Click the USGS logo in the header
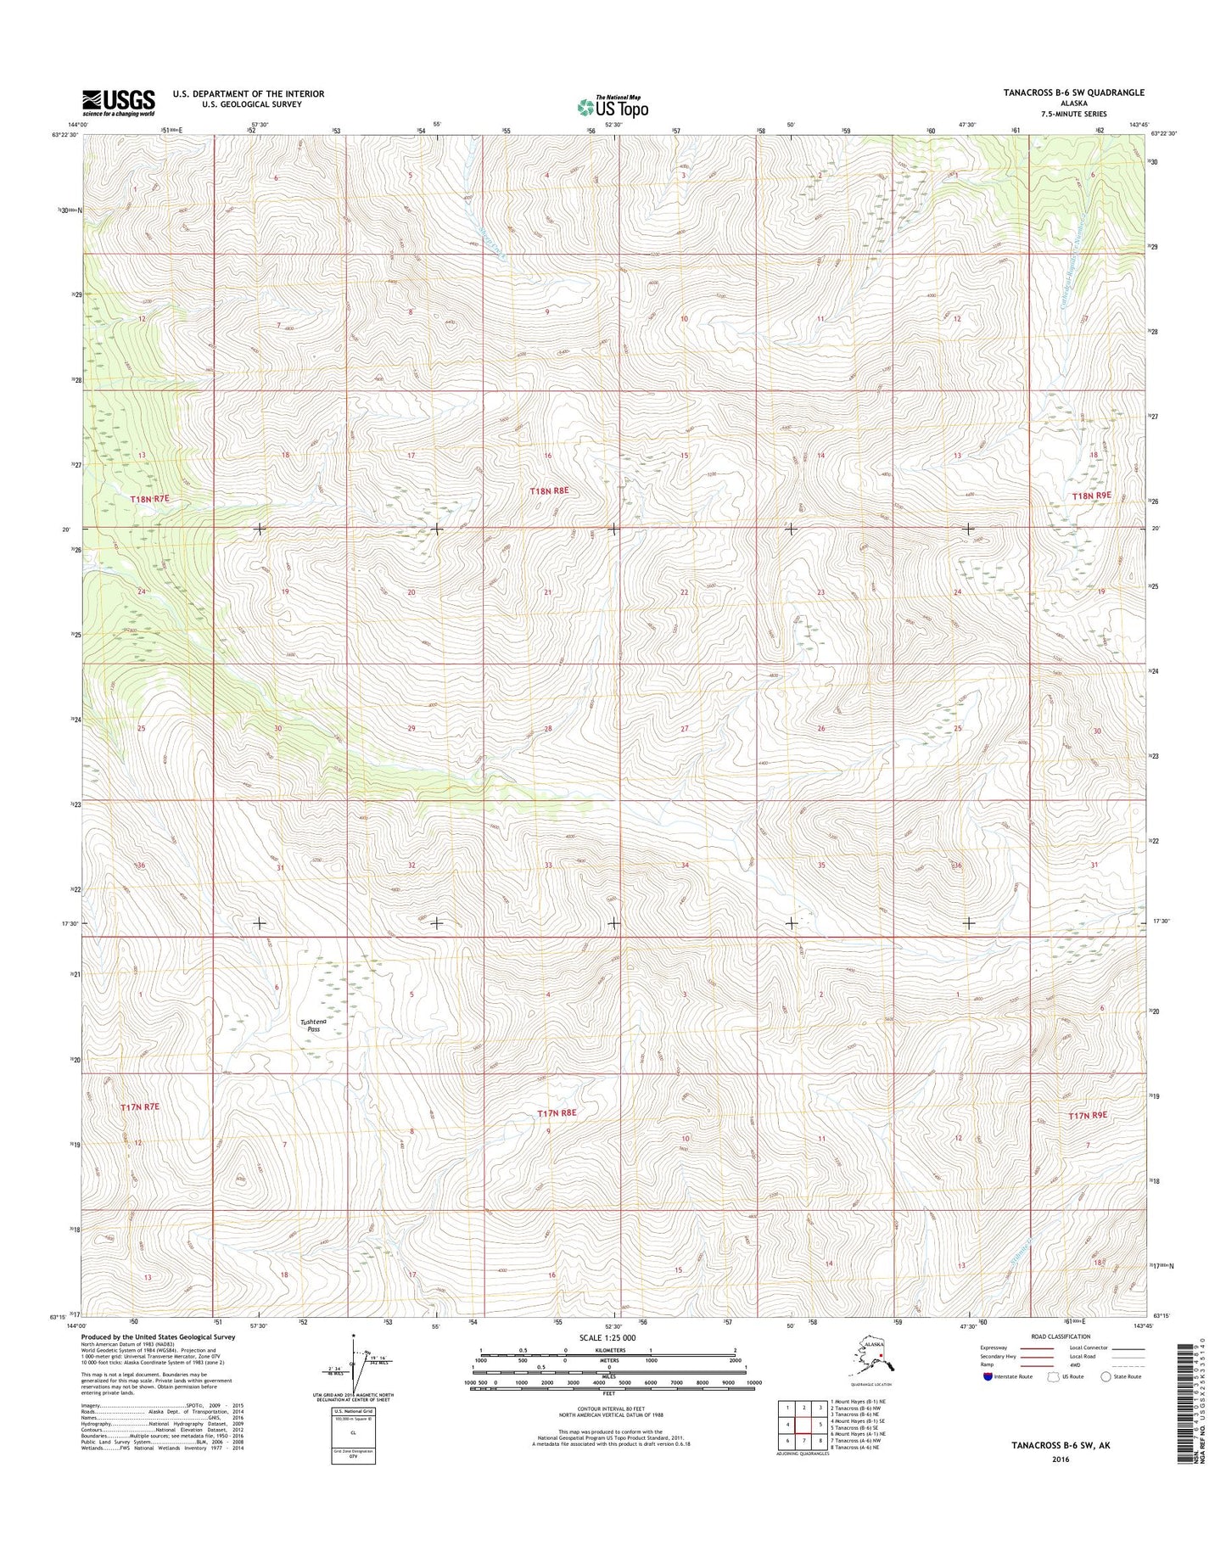click(x=118, y=102)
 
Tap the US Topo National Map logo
click(x=613, y=106)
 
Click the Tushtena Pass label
click(x=314, y=1026)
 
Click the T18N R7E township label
click(x=150, y=500)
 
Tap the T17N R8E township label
click(x=557, y=1112)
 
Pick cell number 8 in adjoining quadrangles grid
click(x=820, y=1440)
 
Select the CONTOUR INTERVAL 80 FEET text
click(x=613, y=1419)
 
